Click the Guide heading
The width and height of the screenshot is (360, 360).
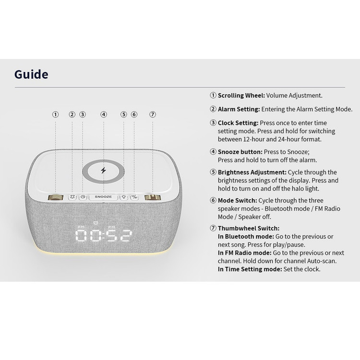point(31,74)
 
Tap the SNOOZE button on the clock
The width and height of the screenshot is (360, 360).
point(103,197)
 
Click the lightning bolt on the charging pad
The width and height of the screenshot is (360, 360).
point(104,170)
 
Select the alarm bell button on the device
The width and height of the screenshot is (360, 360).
point(72,197)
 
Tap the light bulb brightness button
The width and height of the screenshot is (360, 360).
point(124,197)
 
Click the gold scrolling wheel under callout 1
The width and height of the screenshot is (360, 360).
point(55,197)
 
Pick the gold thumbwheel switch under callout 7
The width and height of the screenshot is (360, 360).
point(153,197)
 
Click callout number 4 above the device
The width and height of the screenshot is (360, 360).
point(104,114)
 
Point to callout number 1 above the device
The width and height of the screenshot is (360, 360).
point(55,114)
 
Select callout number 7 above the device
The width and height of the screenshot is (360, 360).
point(153,114)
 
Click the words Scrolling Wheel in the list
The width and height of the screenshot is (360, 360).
point(241,96)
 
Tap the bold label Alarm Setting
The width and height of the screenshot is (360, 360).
point(239,109)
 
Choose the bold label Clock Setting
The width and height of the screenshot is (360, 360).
point(238,123)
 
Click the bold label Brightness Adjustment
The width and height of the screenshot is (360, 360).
point(252,172)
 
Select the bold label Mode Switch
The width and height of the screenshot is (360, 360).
point(238,201)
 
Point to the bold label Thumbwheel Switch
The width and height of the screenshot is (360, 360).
point(249,228)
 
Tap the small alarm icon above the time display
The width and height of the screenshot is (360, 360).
point(96,222)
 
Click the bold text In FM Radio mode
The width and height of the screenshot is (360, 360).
point(244,253)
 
